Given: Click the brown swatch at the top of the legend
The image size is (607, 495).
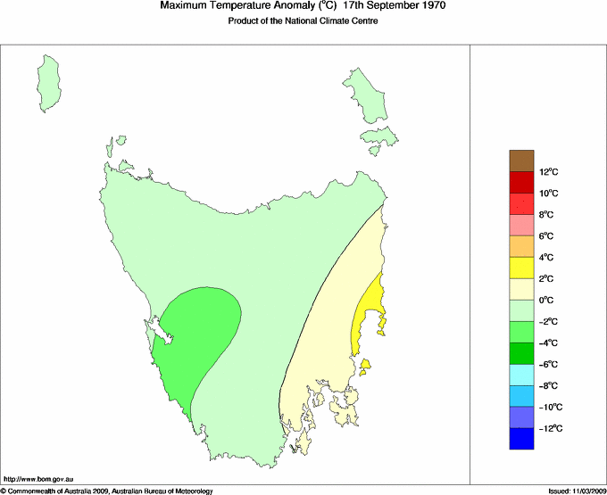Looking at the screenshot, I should [522, 161].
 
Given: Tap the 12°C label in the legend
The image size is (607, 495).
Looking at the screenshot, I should [548, 172].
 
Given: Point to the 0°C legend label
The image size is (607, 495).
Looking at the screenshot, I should [548, 301].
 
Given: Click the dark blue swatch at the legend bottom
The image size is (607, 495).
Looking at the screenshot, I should [522, 439].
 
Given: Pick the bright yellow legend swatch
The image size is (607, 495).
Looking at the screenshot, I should [522, 268].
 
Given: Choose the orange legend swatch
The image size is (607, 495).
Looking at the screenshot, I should [522, 246].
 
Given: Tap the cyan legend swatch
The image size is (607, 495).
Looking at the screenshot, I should [522, 375].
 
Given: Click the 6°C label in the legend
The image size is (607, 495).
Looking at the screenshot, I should [548, 236].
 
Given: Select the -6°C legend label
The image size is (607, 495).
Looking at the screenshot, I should [548, 364].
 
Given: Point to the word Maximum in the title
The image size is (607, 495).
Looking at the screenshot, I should [184, 6].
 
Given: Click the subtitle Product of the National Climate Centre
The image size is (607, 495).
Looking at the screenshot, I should [303, 21].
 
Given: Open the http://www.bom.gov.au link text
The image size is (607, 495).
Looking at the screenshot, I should [37, 480].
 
